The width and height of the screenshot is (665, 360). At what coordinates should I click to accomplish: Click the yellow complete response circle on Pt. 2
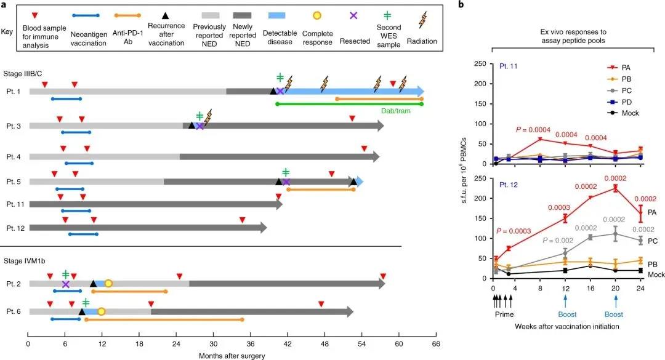(x=108, y=283)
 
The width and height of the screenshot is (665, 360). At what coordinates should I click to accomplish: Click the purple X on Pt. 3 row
(x=199, y=126)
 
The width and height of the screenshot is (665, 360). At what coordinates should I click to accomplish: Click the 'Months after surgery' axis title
(x=232, y=355)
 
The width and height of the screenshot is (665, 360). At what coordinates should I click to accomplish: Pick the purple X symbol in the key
(x=353, y=15)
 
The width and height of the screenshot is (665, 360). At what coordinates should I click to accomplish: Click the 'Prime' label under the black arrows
(x=504, y=313)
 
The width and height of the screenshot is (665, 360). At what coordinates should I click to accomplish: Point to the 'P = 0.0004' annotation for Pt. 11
(x=534, y=130)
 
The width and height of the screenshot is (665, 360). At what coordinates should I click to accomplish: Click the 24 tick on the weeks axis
(x=640, y=288)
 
